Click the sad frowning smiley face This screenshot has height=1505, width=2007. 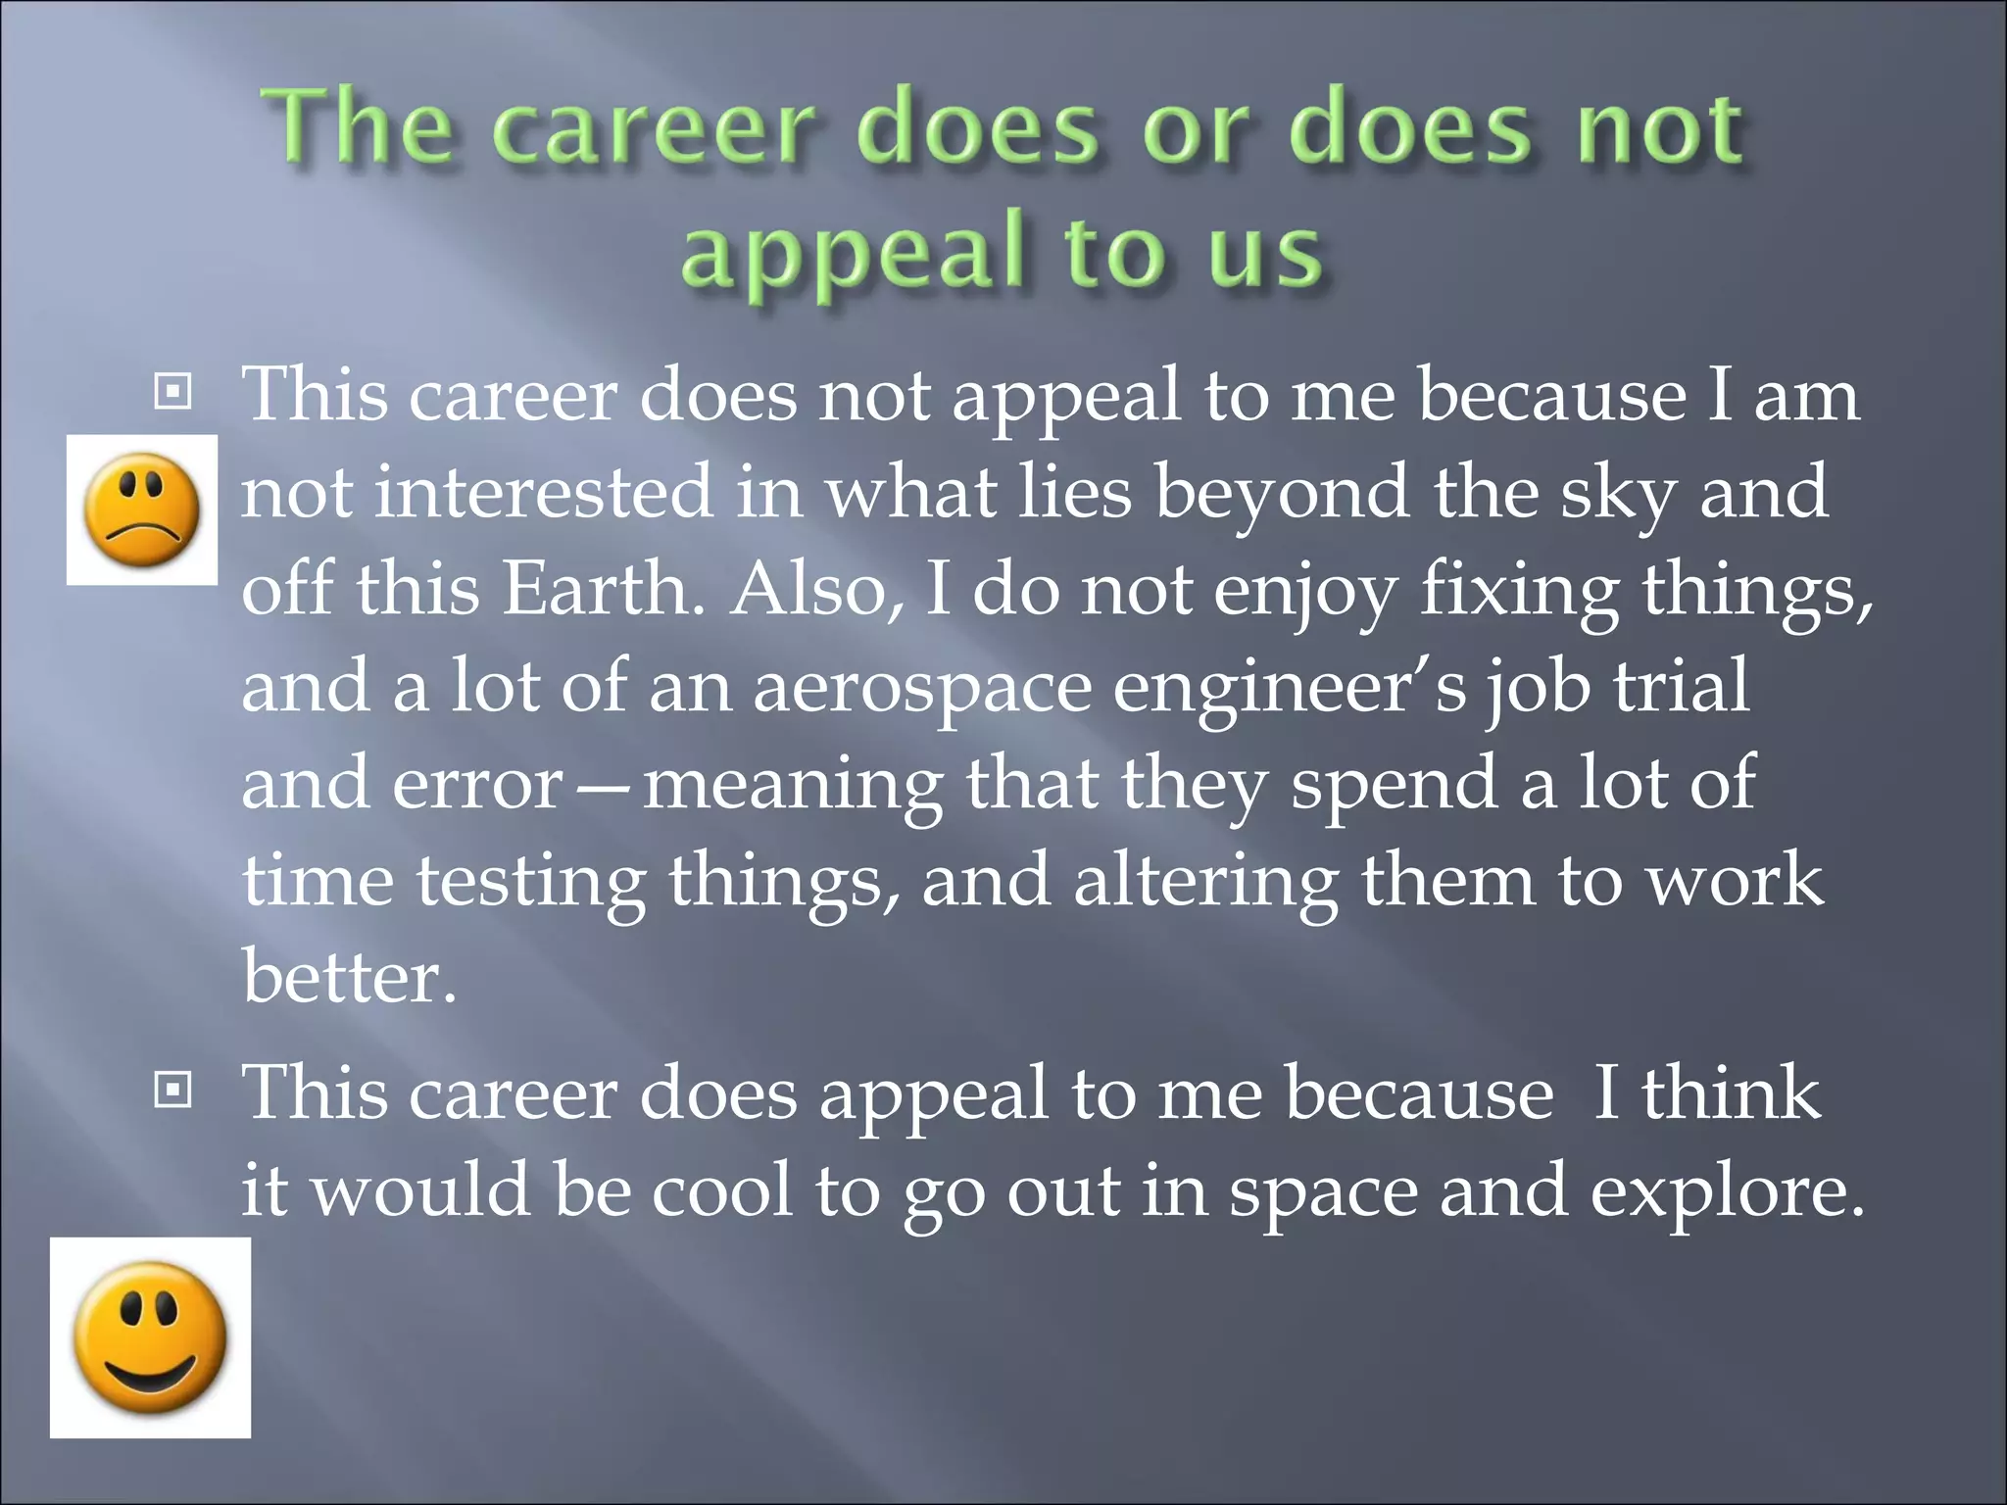pyautogui.click(x=142, y=510)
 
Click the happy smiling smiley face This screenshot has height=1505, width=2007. pyautogui.click(x=150, y=1337)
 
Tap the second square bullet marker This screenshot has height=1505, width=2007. pyautogui.click(x=173, y=1090)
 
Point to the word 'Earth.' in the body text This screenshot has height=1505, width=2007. pyautogui.click(x=603, y=590)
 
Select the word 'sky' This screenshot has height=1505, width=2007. pyautogui.click(x=1618, y=493)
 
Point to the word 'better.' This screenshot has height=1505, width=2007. pyautogui.click(x=350, y=977)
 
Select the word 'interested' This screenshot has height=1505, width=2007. pyautogui.click(x=544, y=492)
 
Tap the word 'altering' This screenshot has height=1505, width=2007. pyautogui.click(x=1205, y=882)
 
